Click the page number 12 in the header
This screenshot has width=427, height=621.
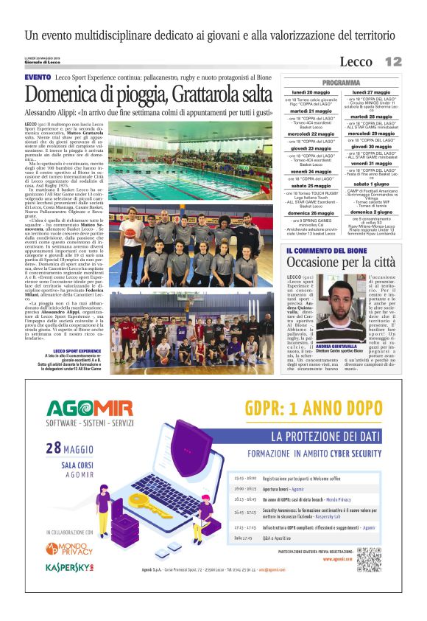tap(393, 61)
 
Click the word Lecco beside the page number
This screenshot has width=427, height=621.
tap(356, 62)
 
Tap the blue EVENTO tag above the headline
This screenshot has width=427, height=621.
tap(38, 77)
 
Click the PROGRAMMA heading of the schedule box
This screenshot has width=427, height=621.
tap(340, 83)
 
